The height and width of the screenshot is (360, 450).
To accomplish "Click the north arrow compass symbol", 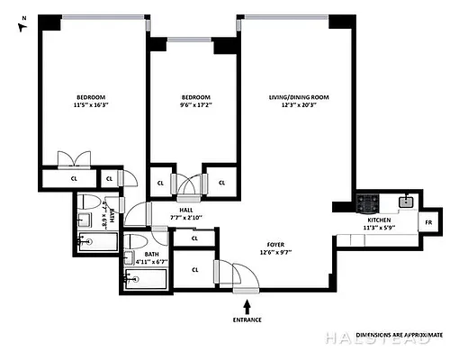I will tap(23, 23).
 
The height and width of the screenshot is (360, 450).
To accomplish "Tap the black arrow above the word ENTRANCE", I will tap(248, 308).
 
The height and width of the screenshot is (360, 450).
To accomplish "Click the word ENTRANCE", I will tap(248, 320).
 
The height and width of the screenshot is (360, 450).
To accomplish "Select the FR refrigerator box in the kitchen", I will tap(428, 221).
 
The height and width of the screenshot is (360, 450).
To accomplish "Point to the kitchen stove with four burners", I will tap(367, 202).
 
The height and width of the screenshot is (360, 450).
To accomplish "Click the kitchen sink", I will tap(406, 202).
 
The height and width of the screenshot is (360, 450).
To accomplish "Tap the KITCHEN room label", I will tap(378, 220).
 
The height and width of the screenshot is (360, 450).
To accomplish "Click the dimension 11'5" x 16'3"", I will tap(90, 106).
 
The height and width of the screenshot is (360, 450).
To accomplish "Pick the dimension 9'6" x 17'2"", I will tap(195, 106).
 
